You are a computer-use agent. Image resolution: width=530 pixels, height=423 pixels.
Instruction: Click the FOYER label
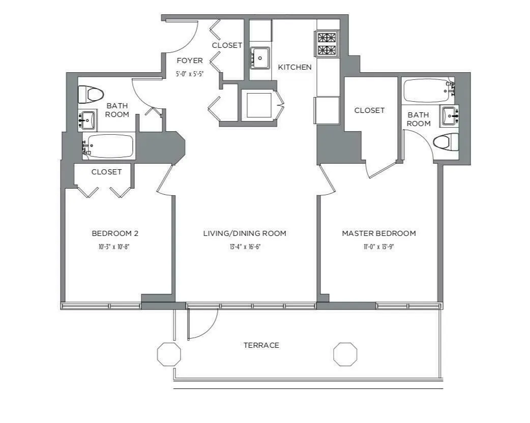190,61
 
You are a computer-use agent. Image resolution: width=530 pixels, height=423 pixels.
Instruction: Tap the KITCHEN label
295,67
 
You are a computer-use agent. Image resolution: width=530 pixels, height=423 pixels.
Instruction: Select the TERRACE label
261,345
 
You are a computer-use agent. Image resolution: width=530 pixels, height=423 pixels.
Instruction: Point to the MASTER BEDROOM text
378,233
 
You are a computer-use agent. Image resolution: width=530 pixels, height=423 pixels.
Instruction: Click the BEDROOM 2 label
115,233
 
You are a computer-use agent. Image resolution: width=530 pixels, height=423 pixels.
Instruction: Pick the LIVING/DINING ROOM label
244,233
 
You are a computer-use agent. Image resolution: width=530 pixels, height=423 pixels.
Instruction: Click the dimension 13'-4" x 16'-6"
244,247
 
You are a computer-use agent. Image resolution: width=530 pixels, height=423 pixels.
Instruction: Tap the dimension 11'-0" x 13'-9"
378,247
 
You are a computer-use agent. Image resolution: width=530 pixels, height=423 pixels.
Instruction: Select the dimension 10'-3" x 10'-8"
115,247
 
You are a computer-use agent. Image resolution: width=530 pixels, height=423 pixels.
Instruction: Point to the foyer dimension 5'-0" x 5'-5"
190,74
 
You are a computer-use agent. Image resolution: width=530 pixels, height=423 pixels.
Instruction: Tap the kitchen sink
260,58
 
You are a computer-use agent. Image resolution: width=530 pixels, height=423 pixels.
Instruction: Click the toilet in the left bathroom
91,94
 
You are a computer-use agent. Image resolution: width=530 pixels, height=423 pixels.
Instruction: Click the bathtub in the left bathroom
109,146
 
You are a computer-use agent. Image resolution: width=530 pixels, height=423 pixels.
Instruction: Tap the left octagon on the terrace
169,354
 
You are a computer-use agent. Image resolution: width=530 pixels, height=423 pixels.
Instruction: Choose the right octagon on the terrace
345,354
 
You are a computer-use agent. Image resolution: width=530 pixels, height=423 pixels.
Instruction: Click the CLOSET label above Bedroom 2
106,172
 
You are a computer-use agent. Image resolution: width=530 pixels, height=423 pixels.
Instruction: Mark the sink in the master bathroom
449,116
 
